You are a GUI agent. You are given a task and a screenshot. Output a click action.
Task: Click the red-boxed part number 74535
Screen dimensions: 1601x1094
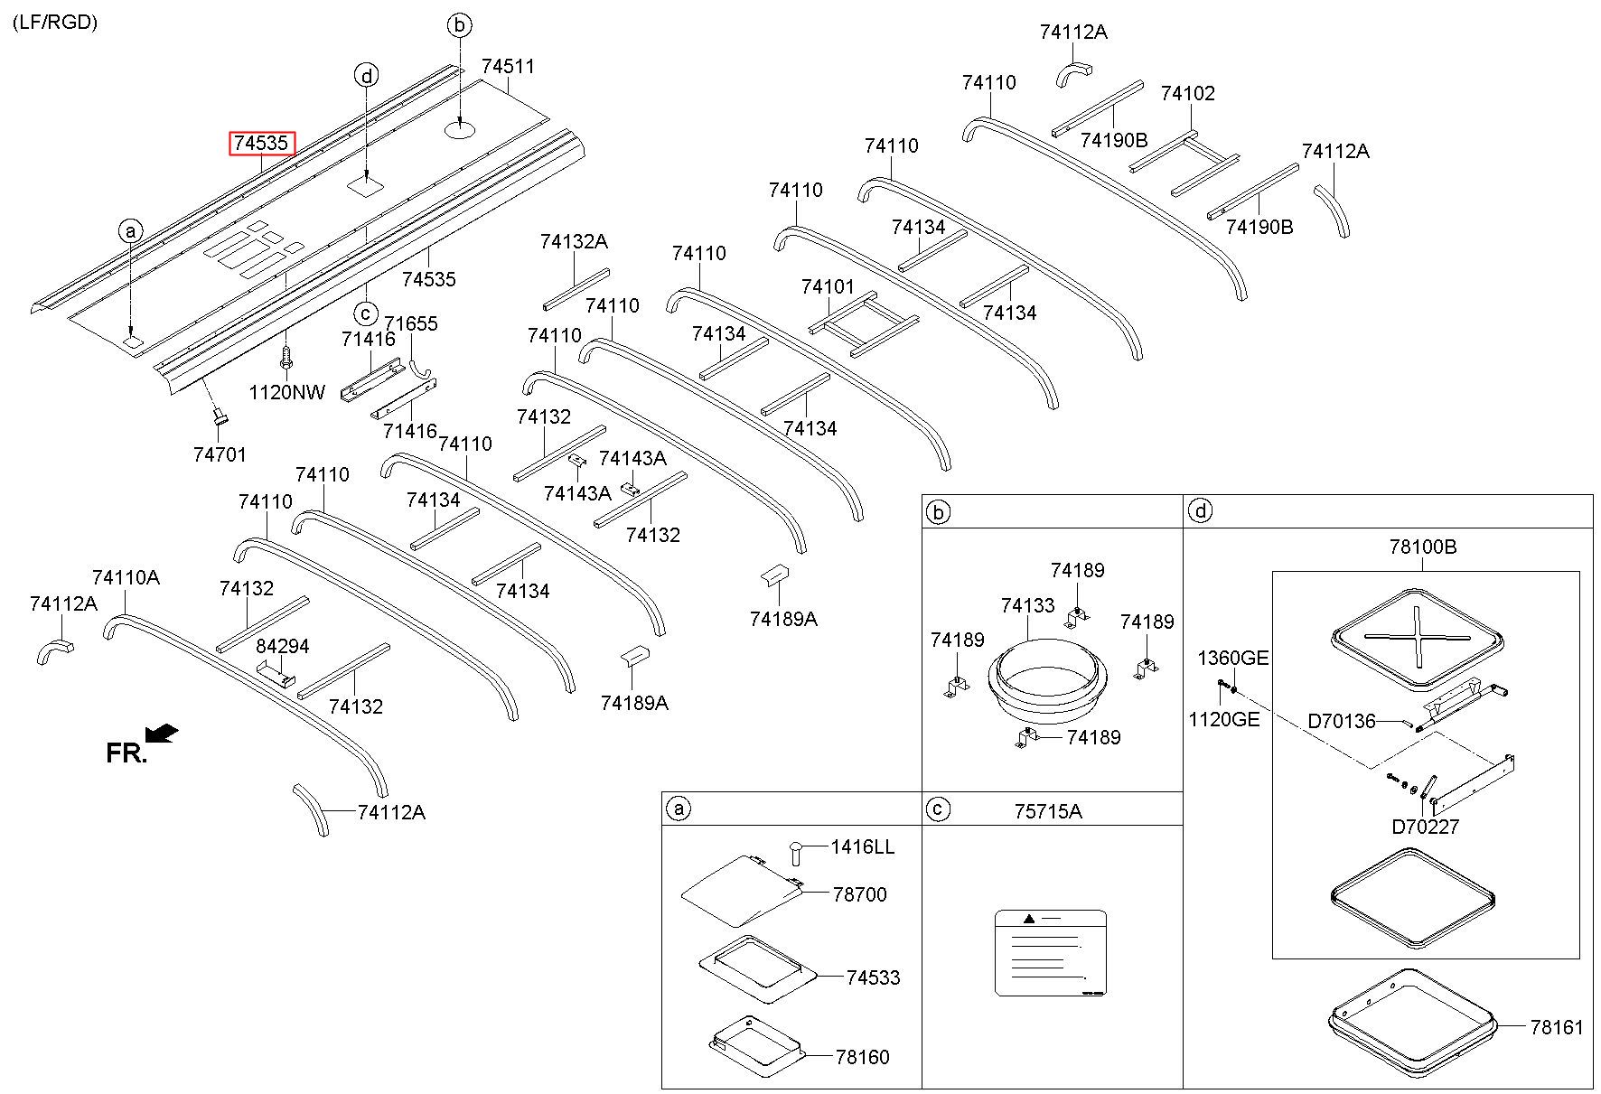click(262, 144)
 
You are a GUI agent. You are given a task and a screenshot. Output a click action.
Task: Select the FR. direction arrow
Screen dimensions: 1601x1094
click(162, 734)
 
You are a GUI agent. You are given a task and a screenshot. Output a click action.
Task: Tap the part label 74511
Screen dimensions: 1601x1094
click(508, 67)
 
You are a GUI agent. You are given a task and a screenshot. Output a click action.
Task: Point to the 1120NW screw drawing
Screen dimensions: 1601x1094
click(287, 359)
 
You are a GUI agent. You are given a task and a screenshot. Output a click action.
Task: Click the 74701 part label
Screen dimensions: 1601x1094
click(220, 455)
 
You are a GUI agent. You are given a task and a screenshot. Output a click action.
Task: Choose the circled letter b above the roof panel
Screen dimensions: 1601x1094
click(460, 25)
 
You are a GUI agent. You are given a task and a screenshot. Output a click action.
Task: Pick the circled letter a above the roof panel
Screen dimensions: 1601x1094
click(130, 232)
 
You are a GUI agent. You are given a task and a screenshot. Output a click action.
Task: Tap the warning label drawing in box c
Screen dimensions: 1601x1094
click(1050, 953)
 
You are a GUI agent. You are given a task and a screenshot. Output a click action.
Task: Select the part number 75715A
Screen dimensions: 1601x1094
click(1048, 811)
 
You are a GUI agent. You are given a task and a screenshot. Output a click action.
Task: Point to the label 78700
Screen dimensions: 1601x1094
click(860, 894)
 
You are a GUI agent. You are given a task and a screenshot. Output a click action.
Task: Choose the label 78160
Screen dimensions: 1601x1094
click(863, 1057)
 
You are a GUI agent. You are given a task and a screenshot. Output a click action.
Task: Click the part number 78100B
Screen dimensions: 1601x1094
click(1423, 547)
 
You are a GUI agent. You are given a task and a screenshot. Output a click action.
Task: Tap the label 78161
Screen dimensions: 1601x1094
click(1557, 1027)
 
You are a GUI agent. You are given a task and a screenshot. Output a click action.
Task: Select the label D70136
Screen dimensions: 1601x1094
click(1342, 722)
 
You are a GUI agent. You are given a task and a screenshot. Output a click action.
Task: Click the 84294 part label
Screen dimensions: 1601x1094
click(283, 647)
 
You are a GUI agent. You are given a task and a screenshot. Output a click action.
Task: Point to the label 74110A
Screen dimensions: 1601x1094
click(126, 578)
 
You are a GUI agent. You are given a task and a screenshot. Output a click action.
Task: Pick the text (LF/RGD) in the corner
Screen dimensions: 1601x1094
click(55, 23)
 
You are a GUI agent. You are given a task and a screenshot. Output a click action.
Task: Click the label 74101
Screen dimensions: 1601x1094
click(828, 287)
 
